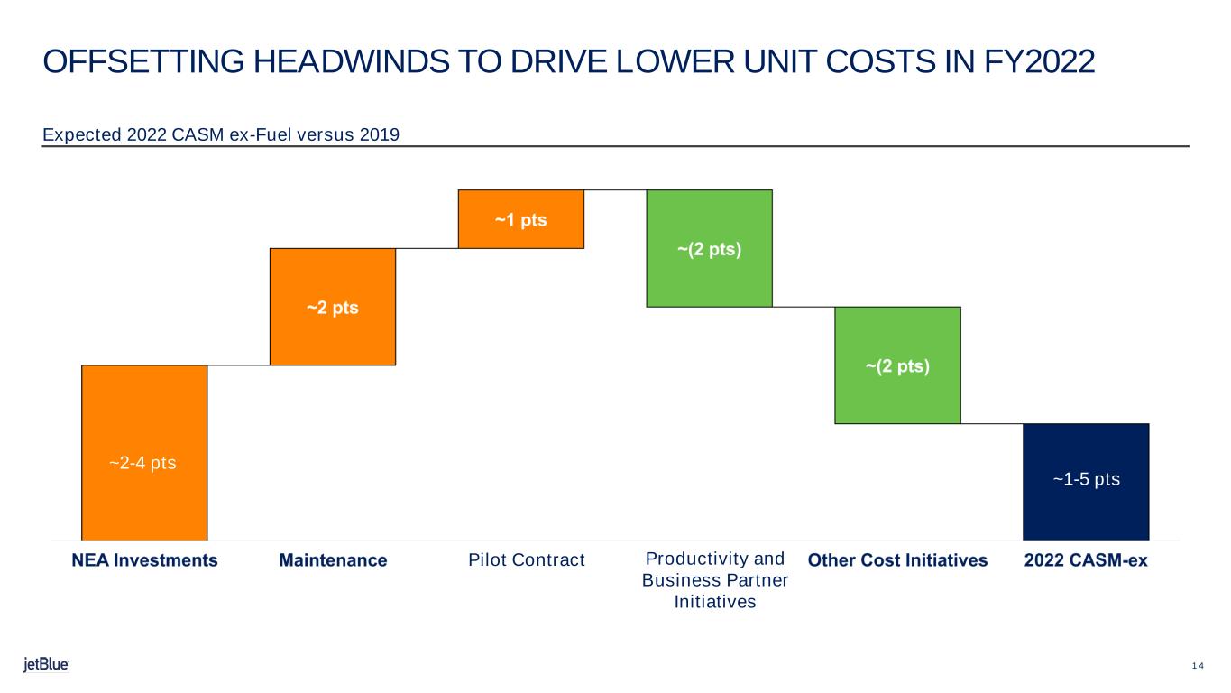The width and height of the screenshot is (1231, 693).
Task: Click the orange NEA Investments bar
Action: click(144, 453)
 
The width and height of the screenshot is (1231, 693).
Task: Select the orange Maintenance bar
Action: click(333, 307)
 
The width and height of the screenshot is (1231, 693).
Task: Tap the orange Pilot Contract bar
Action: click(521, 219)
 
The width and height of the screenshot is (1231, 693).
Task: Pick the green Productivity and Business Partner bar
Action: click(710, 248)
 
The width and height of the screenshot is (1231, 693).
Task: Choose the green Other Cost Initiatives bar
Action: click(898, 365)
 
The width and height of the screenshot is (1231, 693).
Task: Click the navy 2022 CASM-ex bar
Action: click(1086, 482)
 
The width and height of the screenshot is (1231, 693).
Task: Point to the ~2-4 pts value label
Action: click(142, 463)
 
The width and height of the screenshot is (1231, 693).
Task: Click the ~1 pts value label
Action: click(521, 220)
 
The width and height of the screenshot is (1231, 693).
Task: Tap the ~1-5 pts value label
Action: click(1087, 479)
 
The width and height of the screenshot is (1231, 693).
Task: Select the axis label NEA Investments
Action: click(144, 559)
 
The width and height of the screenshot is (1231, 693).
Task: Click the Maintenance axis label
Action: click(333, 559)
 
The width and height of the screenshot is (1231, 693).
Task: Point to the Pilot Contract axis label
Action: click(527, 559)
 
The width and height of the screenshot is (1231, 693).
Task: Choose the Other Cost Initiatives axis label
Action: click(897, 559)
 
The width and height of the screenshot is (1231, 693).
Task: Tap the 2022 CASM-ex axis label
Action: click(1086, 559)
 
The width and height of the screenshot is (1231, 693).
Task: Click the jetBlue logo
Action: click(46, 664)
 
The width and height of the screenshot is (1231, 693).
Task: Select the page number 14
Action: click(1198, 666)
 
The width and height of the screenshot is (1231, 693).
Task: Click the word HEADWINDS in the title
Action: click(351, 61)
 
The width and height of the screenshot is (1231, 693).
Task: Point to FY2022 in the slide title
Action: click(1039, 61)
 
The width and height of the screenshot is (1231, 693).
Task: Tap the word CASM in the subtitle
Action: click(198, 134)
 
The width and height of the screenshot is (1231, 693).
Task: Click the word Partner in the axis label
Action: click(759, 580)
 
